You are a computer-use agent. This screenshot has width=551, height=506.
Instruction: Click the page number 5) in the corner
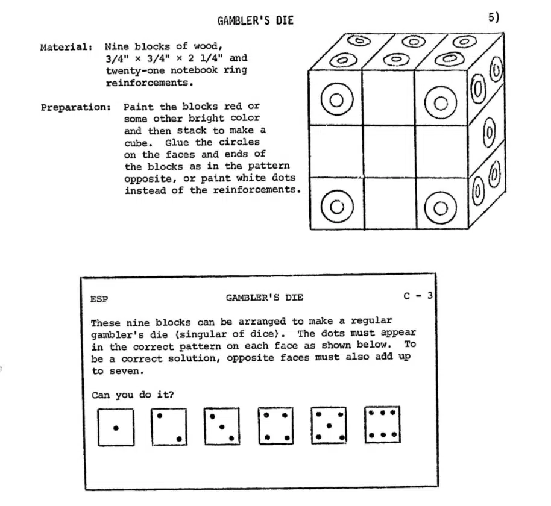[x=493, y=17]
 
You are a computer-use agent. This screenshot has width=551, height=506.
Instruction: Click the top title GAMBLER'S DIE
[x=256, y=21]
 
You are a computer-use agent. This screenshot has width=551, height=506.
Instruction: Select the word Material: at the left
[x=66, y=47]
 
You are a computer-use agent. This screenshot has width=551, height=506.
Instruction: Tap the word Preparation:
[x=76, y=107]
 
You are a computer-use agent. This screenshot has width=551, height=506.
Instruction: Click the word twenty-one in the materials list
[x=135, y=70]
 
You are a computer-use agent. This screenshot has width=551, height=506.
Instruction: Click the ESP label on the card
[x=99, y=299]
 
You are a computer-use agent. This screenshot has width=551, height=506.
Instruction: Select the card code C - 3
[x=418, y=296]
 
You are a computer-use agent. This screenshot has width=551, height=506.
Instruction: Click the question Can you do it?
[x=133, y=395]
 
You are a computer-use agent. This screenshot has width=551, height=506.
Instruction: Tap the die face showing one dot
[x=116, y=427]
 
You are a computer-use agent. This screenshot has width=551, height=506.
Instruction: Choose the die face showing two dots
[x=169, y=426]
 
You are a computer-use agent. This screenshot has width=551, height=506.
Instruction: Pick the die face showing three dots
[x=222, y=426]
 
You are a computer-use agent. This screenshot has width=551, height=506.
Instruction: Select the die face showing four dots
[x=276, y=426]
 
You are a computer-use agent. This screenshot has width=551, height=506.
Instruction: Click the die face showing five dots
[x=329, y=426]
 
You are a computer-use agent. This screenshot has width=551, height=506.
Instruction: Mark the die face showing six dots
[x=383, y=425]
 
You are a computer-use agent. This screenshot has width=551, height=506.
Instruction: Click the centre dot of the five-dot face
[x=329, y=426]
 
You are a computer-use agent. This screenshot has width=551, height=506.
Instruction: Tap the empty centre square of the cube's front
[x=389, y=152]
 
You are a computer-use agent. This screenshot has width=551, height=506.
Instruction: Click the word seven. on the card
[x=118, y=371]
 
